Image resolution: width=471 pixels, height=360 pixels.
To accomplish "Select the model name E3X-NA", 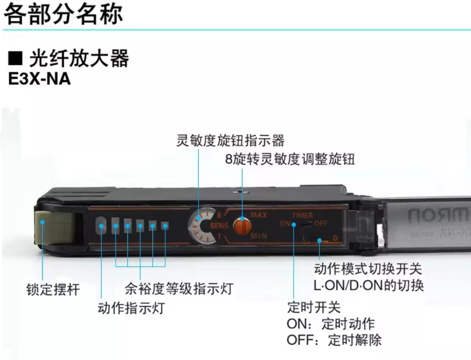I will pos(40,79).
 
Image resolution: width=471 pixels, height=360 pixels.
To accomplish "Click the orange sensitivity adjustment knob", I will pos(241,225).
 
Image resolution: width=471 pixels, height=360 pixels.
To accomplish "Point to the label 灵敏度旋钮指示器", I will pos(230,141).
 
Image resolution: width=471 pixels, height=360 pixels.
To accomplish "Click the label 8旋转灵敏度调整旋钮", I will pos(290,159).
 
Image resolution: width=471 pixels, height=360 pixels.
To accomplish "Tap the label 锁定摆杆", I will pos(52,289).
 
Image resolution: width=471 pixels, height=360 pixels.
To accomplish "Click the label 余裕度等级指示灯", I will pos(178,288).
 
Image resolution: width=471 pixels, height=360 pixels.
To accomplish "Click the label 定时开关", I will pos(314,308).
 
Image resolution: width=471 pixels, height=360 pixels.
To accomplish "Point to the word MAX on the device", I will pos(258,215).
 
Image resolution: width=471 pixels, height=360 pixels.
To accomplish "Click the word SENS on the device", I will pos(219,226).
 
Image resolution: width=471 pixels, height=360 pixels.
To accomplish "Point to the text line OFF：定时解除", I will pos(334,340).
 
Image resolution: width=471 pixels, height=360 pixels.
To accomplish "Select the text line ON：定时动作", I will pos(330,324).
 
